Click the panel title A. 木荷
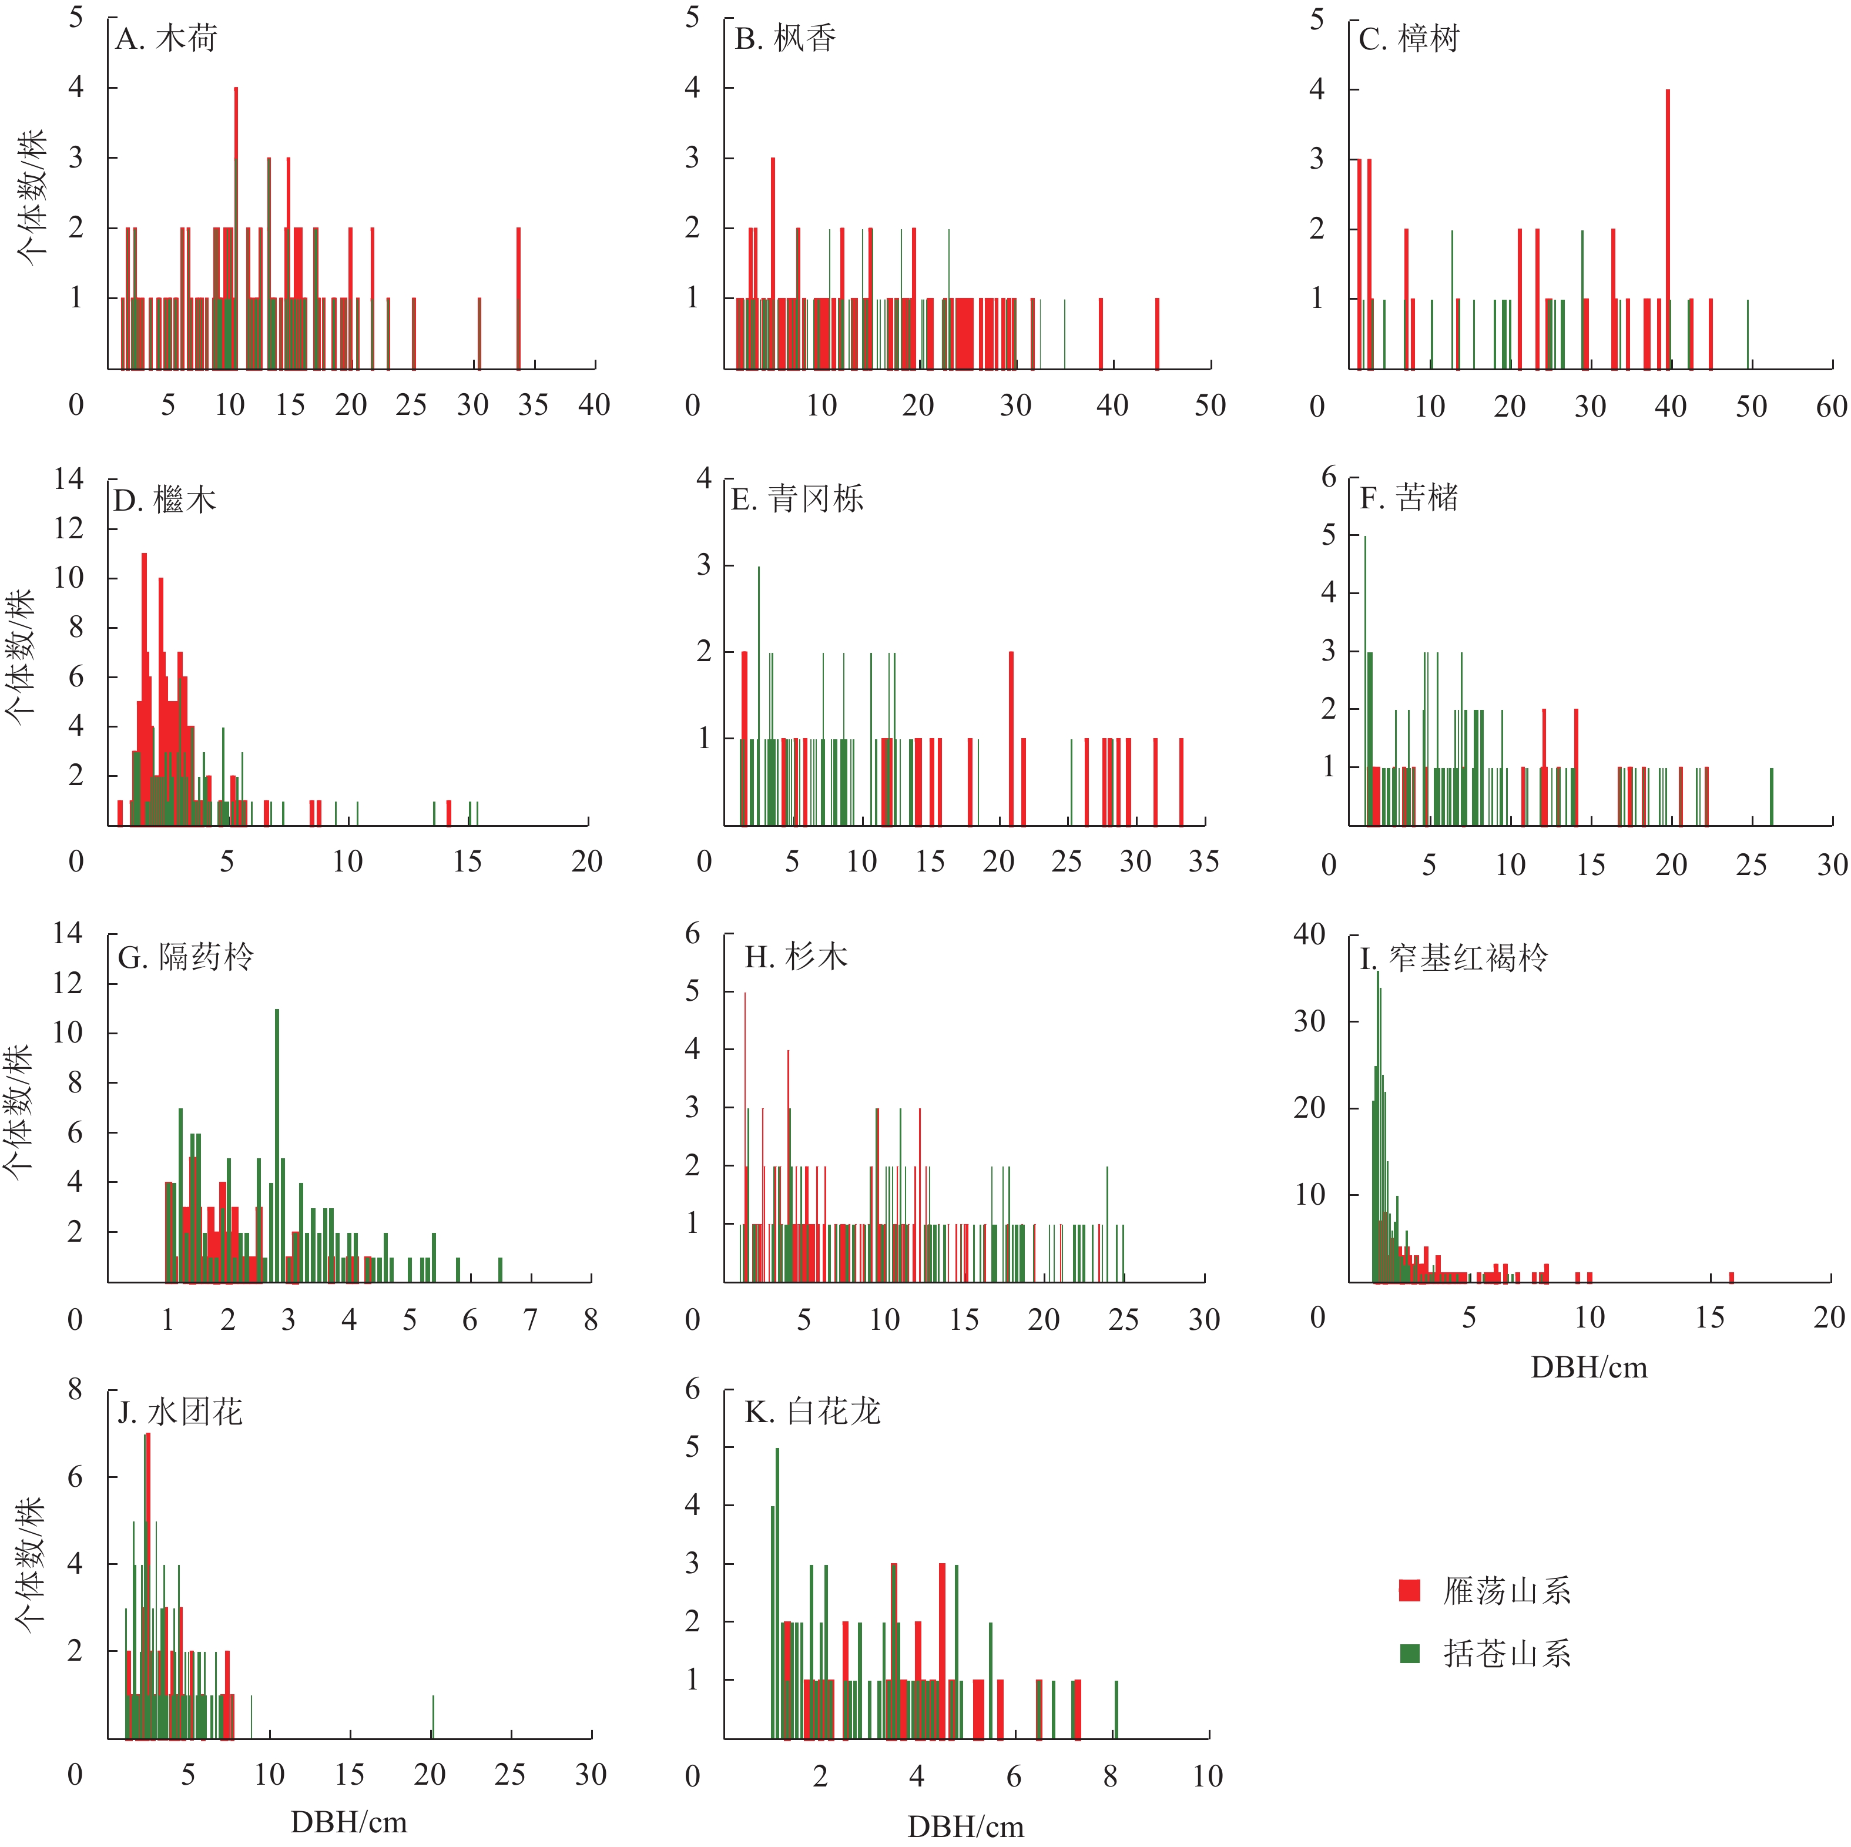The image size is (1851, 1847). [167, 39]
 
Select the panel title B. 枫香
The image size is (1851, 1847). [786, 39]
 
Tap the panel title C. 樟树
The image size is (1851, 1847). [1409, 39]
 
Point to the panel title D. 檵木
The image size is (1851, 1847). [165, 500]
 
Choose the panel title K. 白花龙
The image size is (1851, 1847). [813, 1412]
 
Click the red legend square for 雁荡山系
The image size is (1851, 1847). [1409, 1590]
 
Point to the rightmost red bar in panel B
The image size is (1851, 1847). [1158, 333]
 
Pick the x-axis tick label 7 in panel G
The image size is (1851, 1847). [530, 1320]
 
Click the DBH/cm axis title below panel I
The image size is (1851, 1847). [1588, 1367]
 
